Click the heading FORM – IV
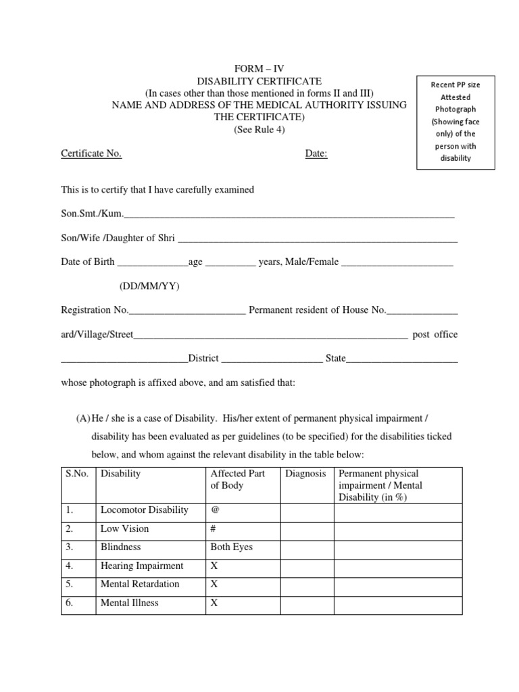point(259,70)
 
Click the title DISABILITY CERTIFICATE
point(259,81)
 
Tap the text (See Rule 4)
point(259,130)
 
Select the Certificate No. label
point(91,153)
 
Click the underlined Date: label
point(316,153)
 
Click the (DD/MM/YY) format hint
point(150,286)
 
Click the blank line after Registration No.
point(187,311)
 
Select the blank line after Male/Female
point(397,262)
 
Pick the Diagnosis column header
point(305,474)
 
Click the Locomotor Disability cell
point(145,510)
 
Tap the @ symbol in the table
point(215,510)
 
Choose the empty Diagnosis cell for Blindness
point(307,547)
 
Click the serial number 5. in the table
point(70,584)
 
